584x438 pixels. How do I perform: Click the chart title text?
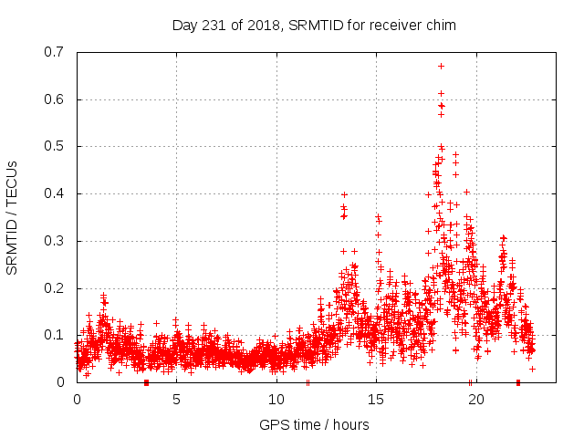pyautogui.click(x=314, y=25)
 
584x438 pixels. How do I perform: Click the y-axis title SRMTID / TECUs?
pyautogui.click(x=12, y=217)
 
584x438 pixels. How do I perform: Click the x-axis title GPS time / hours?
pyautogui.click(x=314, y=424)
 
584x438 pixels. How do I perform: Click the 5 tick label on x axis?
pyautogui.click(x=176, y=399)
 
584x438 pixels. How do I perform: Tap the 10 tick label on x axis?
pyautogui.click(x=276, y=399)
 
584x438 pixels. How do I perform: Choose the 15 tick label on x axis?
pyautogui.click(x=376, y=399)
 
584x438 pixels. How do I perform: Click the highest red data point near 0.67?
pyautogui.click(x=441, y=66)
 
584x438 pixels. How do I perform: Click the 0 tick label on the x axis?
pyautogui.click(x=77, y=399)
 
